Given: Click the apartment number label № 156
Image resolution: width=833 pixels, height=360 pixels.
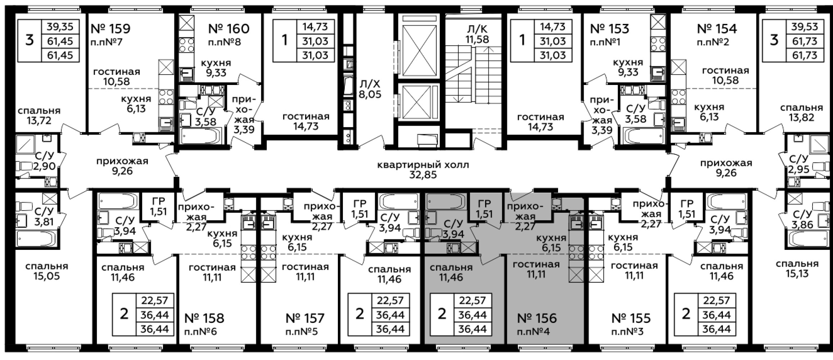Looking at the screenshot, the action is (x=537, y=318).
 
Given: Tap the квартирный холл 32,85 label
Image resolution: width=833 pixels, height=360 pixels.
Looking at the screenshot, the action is (x=423, y=170).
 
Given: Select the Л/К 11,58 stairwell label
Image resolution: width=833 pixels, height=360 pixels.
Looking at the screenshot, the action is (x=477, y=34).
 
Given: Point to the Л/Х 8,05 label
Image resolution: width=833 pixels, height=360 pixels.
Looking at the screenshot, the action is (x=369, y=89).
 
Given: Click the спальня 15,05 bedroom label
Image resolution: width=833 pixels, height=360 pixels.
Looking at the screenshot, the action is (x=47, y=271).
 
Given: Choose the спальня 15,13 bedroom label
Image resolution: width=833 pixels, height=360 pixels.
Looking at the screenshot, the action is (x=797, y=269).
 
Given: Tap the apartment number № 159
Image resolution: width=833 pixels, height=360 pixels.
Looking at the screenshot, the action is (x=111, y=28).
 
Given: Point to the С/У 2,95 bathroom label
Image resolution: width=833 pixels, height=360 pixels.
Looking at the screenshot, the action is (x=799, y=164).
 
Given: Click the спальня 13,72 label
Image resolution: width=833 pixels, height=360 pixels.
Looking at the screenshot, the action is (x=39, y=116).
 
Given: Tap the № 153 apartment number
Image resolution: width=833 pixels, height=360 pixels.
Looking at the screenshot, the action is (x=610, y=28).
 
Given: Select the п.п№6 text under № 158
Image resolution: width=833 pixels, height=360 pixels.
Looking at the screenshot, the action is (x=200, y=331).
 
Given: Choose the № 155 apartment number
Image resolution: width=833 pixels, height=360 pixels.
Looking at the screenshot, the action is (x=631, y=318).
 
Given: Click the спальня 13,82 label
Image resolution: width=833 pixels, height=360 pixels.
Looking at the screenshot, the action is (x=802, y=113).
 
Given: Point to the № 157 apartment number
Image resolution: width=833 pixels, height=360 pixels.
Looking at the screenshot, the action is (x=305, y=318).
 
